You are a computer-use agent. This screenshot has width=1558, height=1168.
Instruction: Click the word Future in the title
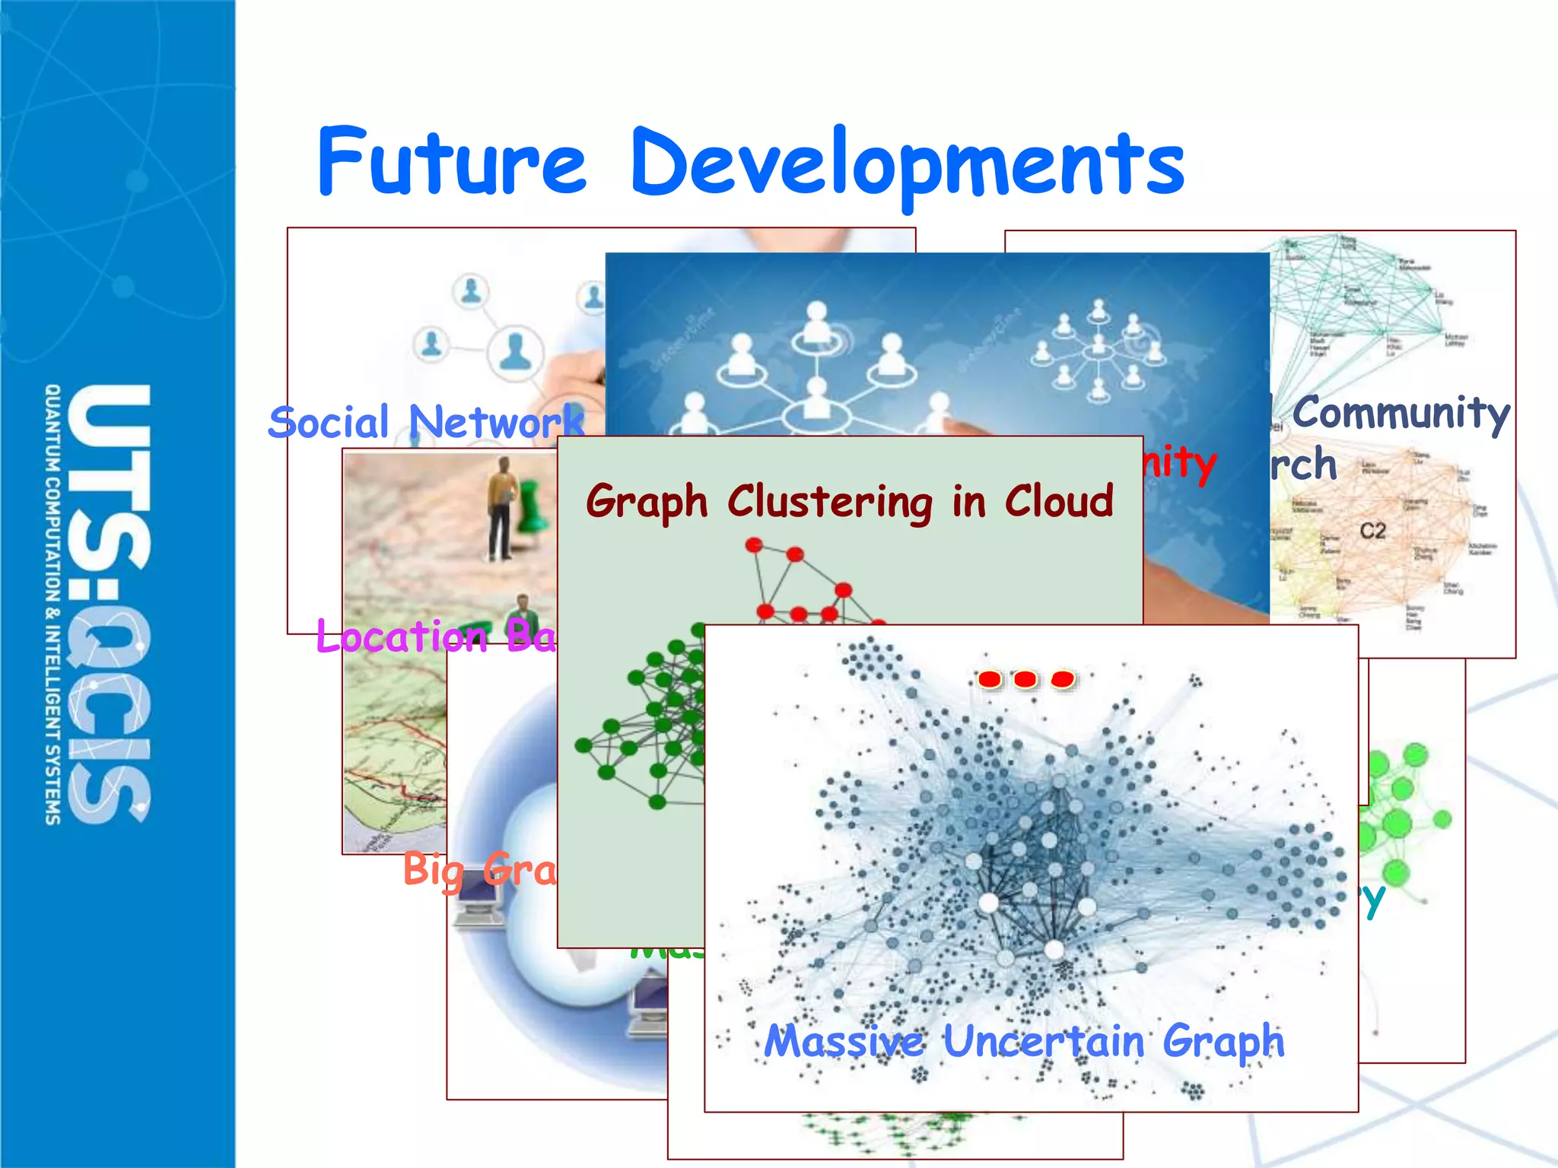452,161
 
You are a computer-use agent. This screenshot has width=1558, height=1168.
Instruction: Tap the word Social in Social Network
329,423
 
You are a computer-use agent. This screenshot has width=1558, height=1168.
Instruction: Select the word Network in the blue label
496,423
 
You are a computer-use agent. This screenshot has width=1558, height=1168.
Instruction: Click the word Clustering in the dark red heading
830,502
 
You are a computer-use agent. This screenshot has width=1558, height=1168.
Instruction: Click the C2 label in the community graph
1372,530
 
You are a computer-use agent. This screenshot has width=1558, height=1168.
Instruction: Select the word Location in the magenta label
402,636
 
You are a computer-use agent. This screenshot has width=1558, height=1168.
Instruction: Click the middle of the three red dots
1025,679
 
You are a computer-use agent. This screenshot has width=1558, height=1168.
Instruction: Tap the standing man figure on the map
501,507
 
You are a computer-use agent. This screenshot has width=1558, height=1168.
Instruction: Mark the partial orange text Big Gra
479,869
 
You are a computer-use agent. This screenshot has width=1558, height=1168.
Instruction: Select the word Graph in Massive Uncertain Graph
1223,1042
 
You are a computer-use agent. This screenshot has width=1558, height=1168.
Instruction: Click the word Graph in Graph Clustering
647,502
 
